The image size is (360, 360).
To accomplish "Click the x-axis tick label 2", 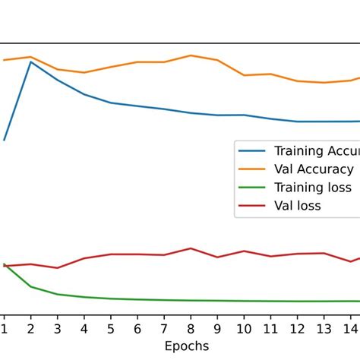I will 30,328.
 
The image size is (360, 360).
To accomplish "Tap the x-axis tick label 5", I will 110,328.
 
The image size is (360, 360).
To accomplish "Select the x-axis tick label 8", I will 191,328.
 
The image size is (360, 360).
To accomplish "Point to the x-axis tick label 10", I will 244,328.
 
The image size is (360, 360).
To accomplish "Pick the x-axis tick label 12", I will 298,328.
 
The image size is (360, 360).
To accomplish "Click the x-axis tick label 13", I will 324,328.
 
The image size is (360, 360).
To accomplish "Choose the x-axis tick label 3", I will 57,328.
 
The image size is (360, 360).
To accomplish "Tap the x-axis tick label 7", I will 164,328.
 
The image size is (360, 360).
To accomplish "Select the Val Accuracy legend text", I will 314,169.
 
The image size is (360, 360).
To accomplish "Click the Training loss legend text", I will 313,188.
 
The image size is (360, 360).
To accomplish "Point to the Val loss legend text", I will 298,206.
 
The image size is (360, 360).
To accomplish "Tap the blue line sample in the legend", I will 252,151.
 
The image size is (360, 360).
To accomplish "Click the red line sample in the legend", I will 252,206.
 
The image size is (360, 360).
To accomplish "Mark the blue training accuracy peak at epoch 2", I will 30,62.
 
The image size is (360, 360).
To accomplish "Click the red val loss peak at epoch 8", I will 191,248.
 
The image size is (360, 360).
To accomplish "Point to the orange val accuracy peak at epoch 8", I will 191,55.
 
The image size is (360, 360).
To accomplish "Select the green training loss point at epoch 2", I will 30,286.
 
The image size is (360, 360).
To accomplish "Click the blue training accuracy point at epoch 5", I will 110,103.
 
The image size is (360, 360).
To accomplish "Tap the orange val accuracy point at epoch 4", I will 84,73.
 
